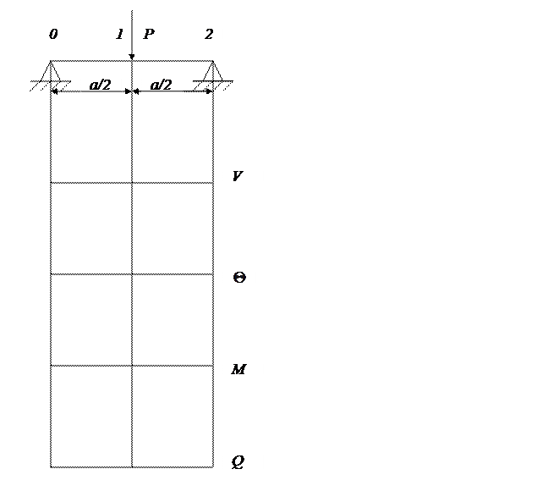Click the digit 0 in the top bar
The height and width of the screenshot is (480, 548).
coord(53,35)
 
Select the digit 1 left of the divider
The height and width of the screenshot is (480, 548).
coord(120,35)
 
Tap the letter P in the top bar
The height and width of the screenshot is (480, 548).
coord(148,35)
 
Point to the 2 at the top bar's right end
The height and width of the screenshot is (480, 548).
coord(209,35)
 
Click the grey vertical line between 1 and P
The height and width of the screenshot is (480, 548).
coord(132,35)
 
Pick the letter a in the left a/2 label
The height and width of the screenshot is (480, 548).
coord(93,85)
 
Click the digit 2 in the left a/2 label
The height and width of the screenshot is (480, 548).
coord(106,85)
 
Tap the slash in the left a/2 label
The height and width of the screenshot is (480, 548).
coord(100,85)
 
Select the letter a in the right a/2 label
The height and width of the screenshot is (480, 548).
coord(154,85)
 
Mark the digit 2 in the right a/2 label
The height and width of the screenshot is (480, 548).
coord(167,85)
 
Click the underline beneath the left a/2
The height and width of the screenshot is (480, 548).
coord(101,91)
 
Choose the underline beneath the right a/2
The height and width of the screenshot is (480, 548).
coord(162,91)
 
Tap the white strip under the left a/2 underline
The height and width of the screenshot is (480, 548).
coord(101,97)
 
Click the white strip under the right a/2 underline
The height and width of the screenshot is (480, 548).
coord(162,97)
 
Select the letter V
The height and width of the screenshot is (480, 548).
coord(238,176)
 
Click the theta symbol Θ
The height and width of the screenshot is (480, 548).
coord(238,278)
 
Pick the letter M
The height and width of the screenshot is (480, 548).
coord(238,369)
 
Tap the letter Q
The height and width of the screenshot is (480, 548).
coord(238,461)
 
